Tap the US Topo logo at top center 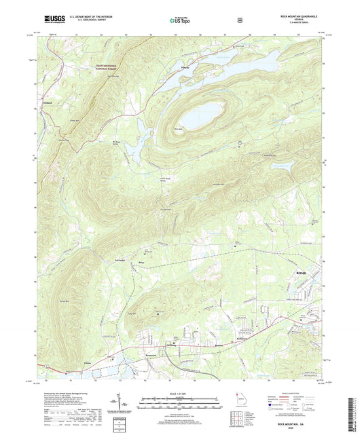[180, 20]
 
